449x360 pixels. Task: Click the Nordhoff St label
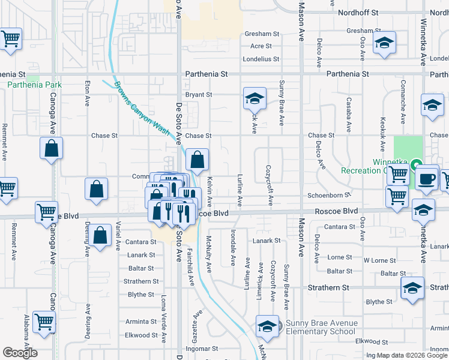(358, 12)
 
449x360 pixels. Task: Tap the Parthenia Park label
(34, 85)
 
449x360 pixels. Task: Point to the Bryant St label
(199, 95)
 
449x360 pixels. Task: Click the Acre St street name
(261, 46)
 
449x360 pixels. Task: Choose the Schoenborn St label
(328, 196)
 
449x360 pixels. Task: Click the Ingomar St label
(202, 349)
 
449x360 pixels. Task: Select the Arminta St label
(141, 322)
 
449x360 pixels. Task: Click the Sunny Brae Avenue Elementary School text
(321, 327)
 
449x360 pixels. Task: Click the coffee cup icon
(426, 178)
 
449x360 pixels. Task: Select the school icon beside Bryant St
(255, 98)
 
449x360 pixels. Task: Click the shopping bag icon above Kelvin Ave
(197, 160)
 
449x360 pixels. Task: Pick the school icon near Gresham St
(384, 43)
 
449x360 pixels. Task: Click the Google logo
(20, 353)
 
